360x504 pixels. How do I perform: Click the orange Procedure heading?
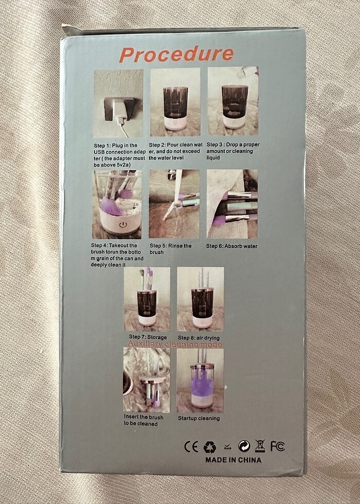176,54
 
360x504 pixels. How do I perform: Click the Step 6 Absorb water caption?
232,246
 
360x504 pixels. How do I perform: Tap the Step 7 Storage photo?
147,299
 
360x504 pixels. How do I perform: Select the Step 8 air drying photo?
201,299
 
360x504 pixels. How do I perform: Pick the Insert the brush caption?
143,420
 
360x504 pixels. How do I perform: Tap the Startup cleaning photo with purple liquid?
200,381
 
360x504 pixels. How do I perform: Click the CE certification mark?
191,446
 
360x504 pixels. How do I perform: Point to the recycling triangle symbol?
209,446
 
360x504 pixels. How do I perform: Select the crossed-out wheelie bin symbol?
260,446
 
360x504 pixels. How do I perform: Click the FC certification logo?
277,446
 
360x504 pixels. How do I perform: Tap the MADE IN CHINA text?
233,460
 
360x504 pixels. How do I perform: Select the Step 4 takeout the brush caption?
118,255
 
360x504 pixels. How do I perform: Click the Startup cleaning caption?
199,418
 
